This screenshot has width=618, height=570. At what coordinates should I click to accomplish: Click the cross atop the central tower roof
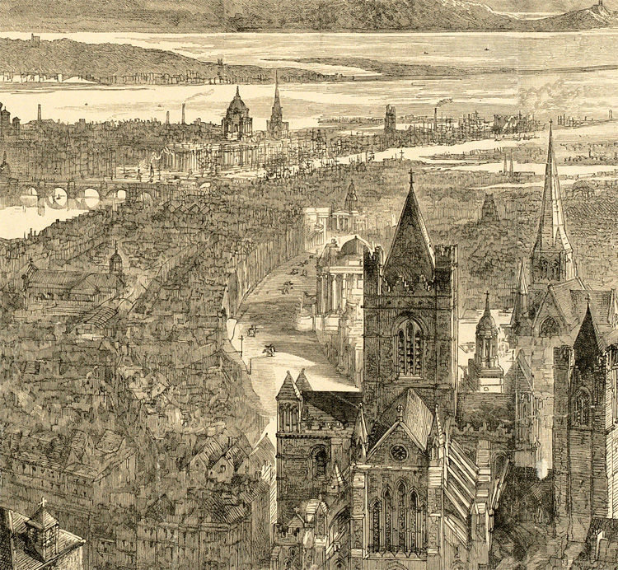(410, 175)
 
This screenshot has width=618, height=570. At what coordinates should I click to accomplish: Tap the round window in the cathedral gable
(400, 452)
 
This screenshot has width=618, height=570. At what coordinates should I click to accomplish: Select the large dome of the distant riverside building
(236, 105)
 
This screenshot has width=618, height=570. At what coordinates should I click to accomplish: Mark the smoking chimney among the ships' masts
(437, 115)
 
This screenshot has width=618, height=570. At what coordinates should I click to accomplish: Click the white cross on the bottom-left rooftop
(43, 502)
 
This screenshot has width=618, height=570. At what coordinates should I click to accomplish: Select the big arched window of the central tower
(409, 346)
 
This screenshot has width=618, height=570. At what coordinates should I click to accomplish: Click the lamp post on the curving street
(241, 342)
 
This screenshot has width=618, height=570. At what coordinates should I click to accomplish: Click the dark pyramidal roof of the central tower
(410, 231)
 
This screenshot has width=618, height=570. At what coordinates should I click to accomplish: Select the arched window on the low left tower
(319, 461)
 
